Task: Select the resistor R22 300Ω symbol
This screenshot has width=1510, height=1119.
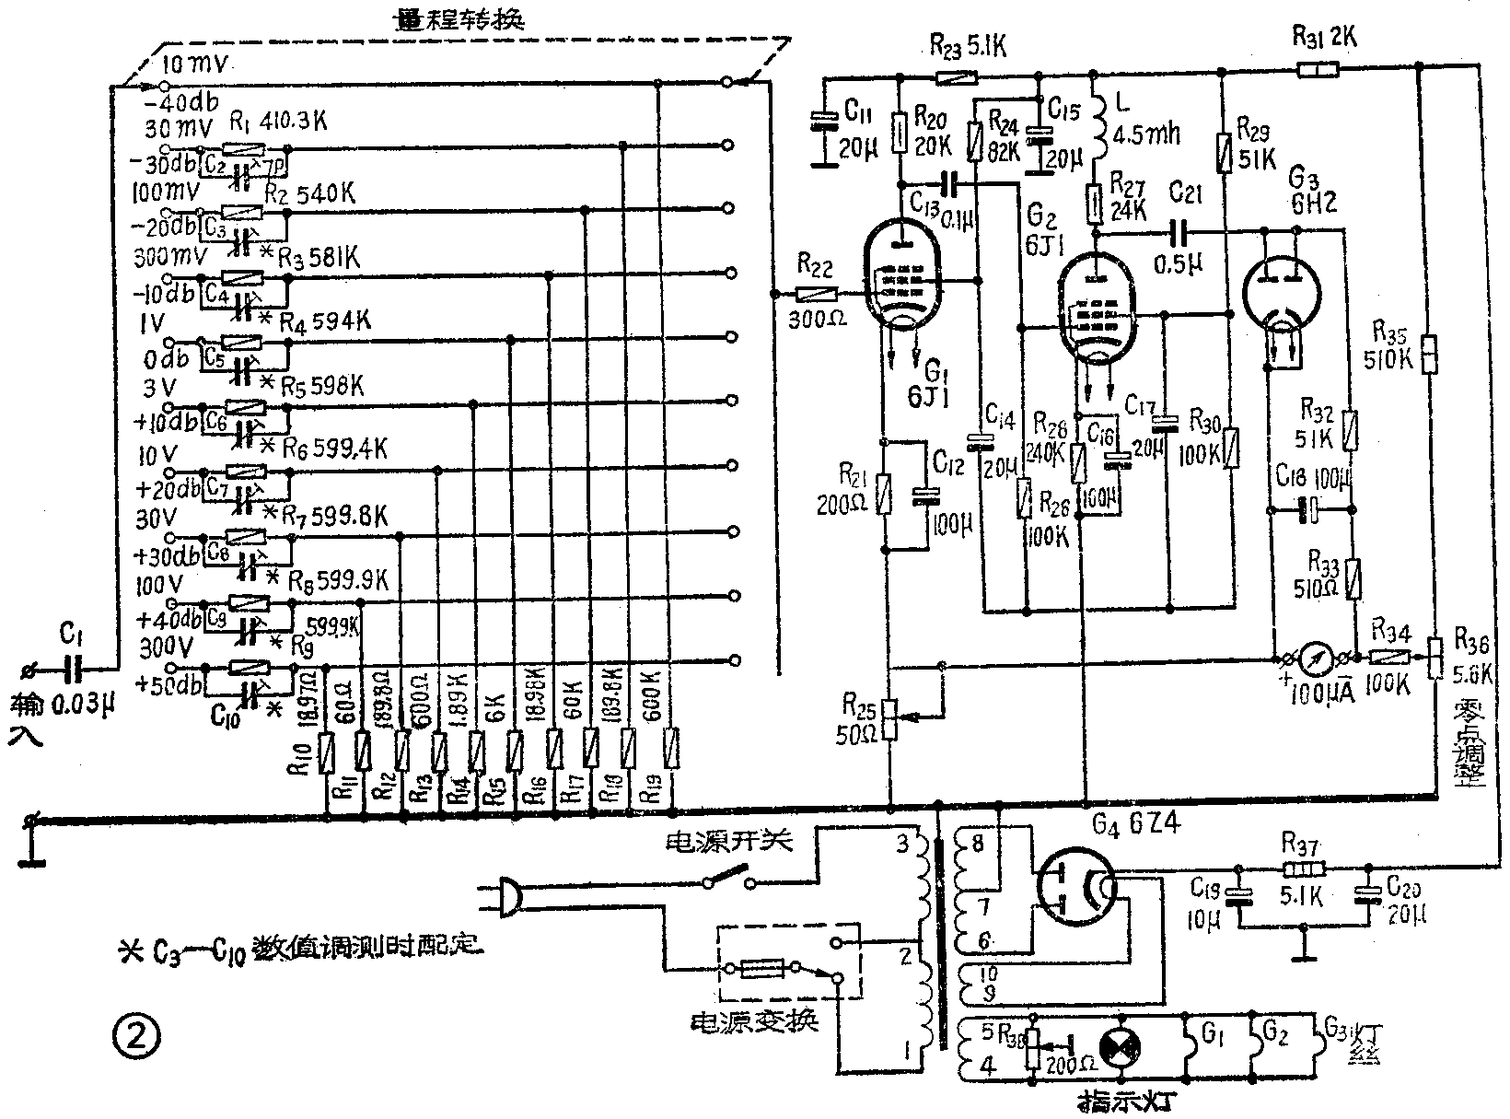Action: (814, 295)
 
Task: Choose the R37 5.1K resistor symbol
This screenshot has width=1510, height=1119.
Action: (1302, 868)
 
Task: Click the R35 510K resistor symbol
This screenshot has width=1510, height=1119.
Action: (1428, 354)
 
